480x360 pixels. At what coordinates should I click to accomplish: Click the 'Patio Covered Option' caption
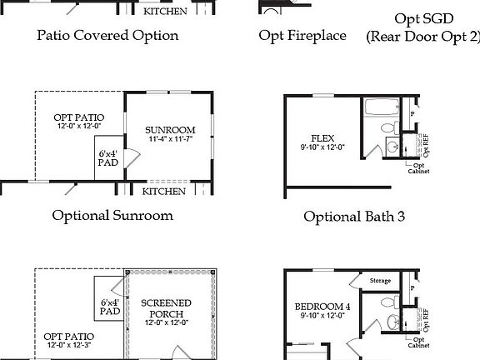tap(107, 35)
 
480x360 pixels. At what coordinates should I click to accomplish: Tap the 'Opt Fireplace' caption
tap(302, 35)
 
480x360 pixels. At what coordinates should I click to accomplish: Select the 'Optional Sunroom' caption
tap(112, 215)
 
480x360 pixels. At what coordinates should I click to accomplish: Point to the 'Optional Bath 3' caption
tap(354, 216)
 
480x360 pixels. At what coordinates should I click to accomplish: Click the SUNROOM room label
tap(169, 131)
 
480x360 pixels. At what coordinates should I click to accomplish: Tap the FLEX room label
tap(322, 138)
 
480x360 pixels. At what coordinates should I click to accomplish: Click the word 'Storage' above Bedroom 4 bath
tap(380, 280)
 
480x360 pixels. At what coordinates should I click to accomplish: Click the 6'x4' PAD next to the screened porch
tap(109, 306)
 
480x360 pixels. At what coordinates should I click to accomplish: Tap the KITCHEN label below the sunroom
tap(163, 192)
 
